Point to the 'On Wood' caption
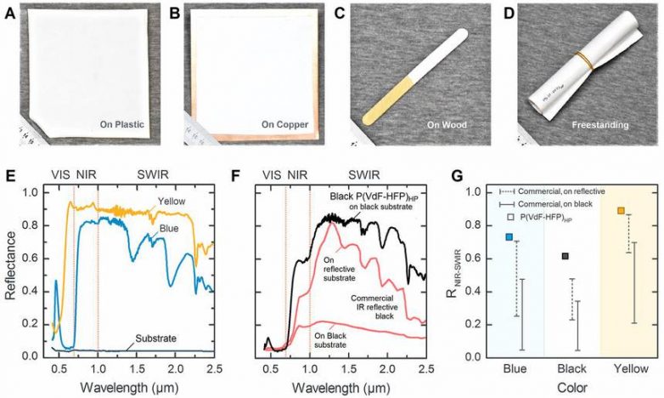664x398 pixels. point(447,125)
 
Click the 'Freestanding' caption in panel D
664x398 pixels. point(600,125)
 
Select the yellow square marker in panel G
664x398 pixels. point(621,211)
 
